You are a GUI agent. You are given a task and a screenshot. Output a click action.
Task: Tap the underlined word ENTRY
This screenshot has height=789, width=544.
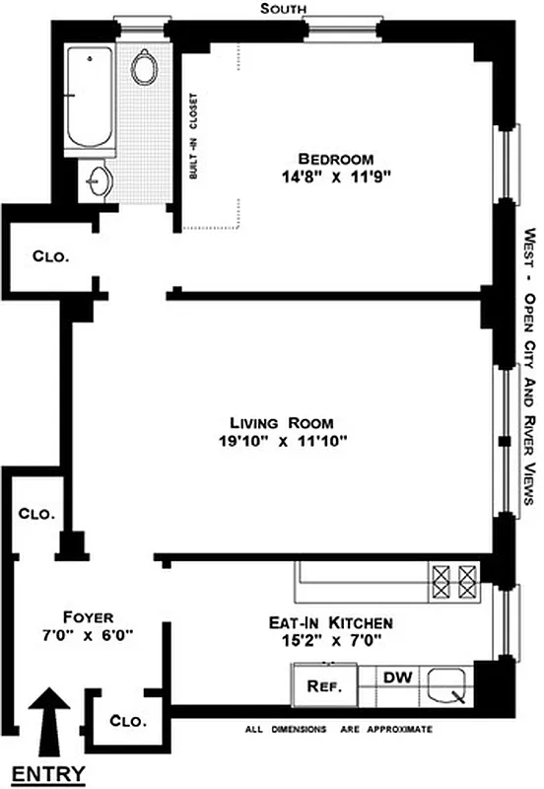click(x=47, y=772)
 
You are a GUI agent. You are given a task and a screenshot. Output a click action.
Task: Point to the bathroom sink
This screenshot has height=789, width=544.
click(x=98, y=180)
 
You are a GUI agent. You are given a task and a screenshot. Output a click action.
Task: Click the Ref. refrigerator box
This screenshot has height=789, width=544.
click(x=324, y=687)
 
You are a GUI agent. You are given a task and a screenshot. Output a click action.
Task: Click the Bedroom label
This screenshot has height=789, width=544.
click(x=336, y=160)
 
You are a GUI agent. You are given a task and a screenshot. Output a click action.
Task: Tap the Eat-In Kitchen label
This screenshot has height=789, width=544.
click(x=331, y=623)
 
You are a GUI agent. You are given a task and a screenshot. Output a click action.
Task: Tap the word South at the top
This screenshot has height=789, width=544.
click(x=281, y=9)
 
